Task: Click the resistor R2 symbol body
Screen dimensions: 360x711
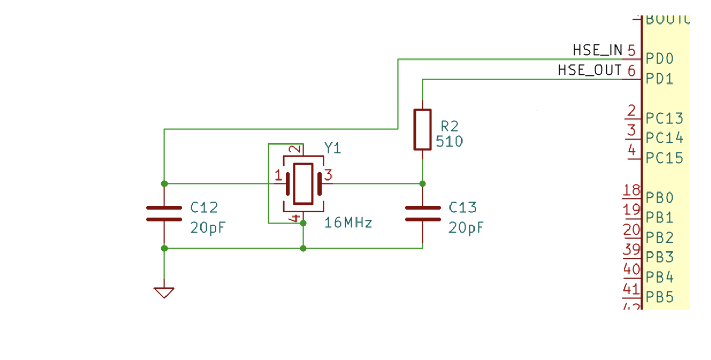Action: pyautogui.click(x=422, y=129)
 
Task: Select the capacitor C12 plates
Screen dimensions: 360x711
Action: pyautogui.click(x=164, y=213)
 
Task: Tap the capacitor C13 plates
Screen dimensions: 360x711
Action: pyautogui.click(x=422, y=213)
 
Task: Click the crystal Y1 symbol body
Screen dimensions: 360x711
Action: pyautogui.click(x=303, y=184)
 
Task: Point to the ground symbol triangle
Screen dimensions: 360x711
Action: pyautogui.click(x=164, y=293)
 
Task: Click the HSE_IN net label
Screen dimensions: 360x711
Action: pyautogui.click(x=597, y=50)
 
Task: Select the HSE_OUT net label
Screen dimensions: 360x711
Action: pyautogui.click(x=589, y=70)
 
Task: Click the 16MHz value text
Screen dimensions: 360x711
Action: pyautogui.click(x=348, y=223)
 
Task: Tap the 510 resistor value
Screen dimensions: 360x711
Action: pyautogui.click(x=449, y=141)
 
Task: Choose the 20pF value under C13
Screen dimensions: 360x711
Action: pyautogui.click(x=466, y=228)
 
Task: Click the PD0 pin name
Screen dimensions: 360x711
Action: pyautogui.click(x=660, y=58)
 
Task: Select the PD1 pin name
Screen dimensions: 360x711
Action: pyautogui.click(x=660, y=79)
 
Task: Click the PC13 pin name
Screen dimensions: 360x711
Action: pyautogui.click(x=664, y=118)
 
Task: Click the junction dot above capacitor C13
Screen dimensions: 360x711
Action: pyautogui.click(x=422, y=184)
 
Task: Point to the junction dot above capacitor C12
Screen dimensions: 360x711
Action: pyautogui.click(x=164, y=184)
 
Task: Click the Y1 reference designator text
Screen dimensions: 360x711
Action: pyautogui.click(x=333, y=149)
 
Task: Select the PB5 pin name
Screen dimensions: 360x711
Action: pyautogui.click(x=660, y=297)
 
